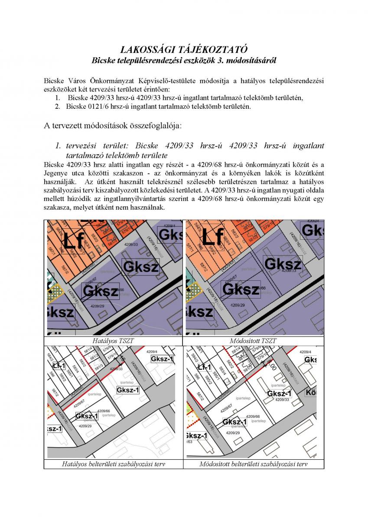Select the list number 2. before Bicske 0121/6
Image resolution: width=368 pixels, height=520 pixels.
click(57, 106)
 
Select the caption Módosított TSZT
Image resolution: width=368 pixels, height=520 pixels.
click(253, 341)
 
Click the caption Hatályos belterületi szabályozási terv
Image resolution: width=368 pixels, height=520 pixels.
click(114, 464)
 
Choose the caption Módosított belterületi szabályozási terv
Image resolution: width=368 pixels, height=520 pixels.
click(253, 464)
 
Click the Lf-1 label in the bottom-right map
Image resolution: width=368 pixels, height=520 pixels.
click(204, 367)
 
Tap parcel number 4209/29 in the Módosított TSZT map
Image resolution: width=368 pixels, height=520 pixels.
click(237, 305)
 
